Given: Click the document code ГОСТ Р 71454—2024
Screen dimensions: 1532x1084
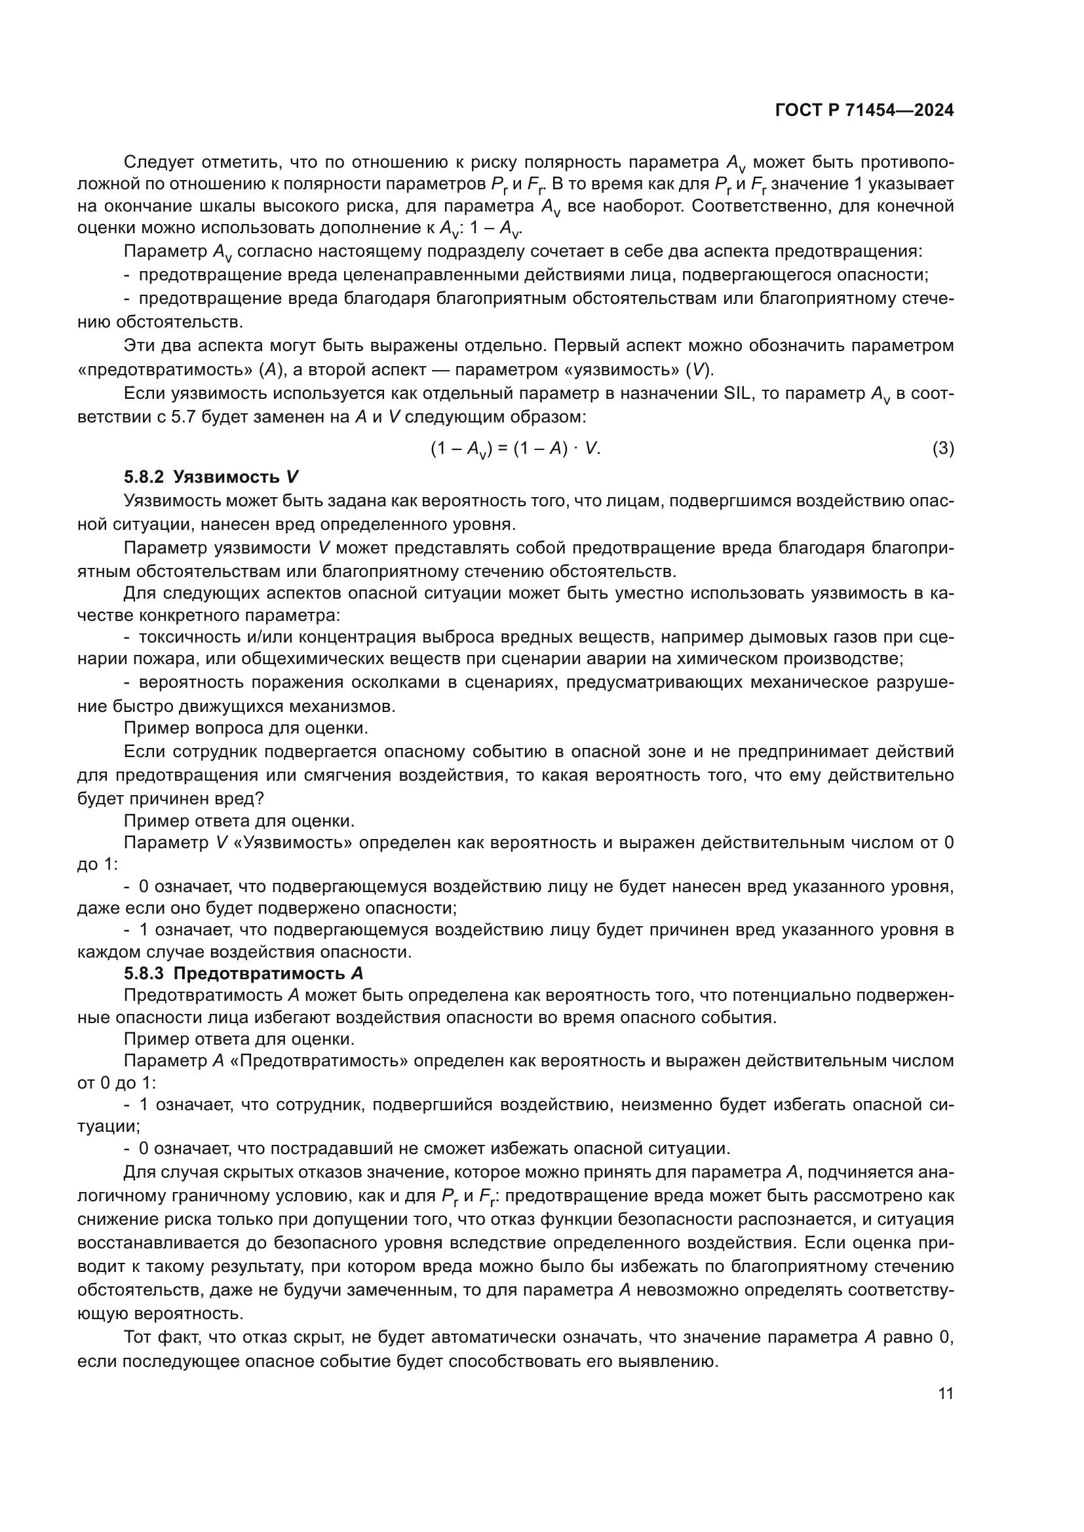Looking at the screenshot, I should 864,111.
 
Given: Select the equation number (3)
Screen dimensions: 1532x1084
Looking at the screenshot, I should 942,449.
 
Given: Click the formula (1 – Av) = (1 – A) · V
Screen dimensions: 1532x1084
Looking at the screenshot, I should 515,449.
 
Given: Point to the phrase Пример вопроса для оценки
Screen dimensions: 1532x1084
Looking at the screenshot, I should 246,727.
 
